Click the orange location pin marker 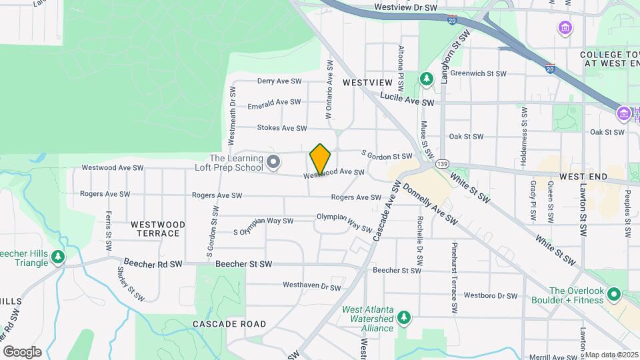[320, 159]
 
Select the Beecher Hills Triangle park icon [59, 257]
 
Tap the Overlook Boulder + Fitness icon [615, 294]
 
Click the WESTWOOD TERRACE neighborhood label [155, 229]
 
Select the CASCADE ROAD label [229, 324]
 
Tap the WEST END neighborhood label [583, 177]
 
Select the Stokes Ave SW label [282, 128]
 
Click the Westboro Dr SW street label [491, 295]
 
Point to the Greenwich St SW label [478, 74]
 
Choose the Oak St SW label [465, 136]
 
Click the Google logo [22, 352]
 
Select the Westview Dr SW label [405, 7]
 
